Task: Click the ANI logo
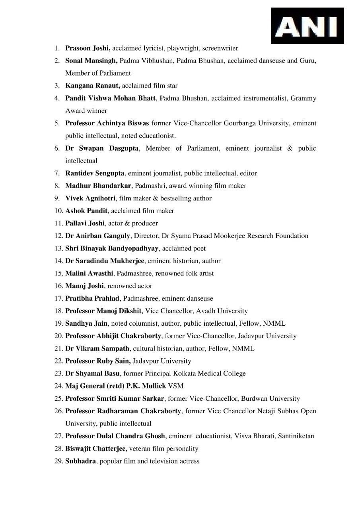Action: point(307,26)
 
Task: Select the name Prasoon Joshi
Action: point(88,48)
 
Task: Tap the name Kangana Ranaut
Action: point(93,85)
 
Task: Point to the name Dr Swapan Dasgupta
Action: point(102,148)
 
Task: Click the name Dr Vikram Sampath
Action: point(97,348)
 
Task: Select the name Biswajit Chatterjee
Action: point(96,449)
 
